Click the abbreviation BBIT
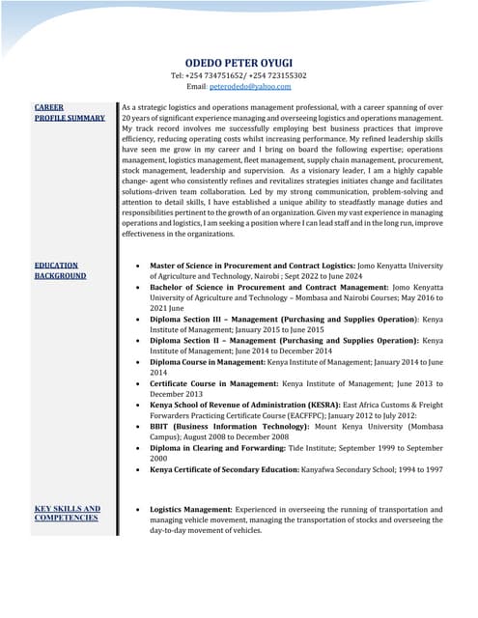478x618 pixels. pos(161,426)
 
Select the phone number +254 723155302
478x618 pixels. pos(278,74)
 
